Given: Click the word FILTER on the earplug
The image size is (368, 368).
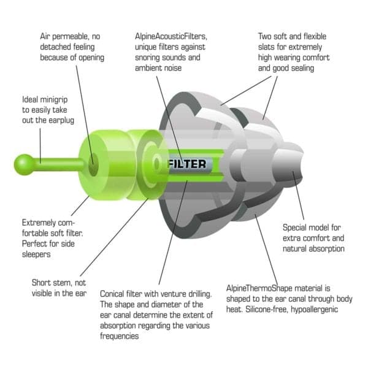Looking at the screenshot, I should (x=188, y=164).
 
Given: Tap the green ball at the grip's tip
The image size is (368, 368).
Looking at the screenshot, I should (x=25, y=163).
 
